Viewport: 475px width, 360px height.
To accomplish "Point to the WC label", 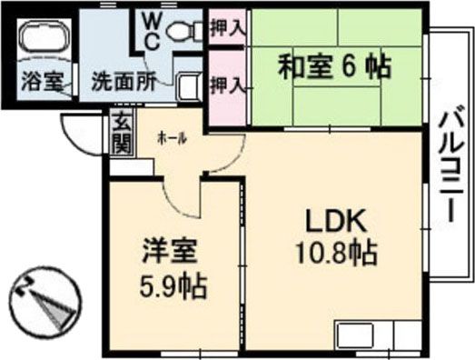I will (150, 30).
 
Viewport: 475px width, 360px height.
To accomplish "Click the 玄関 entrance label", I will (121, 135).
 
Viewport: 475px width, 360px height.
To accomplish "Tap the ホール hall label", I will (172, 137).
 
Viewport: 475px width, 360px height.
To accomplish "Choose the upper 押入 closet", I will (226, 27).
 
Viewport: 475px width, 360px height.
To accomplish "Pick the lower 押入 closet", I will (226, 86).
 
